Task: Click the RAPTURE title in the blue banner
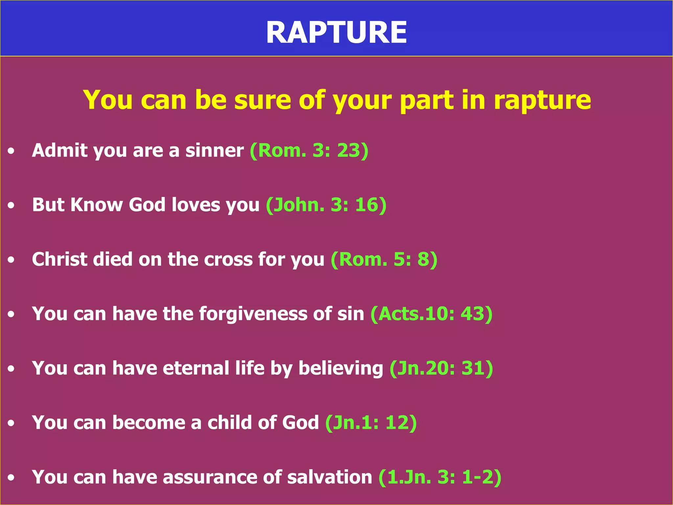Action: [x=336, y=32]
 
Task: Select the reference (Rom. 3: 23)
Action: [x=309, y=151]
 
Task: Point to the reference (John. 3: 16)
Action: [x=326, y=205]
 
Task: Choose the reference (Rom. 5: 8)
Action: [x=384, y=259]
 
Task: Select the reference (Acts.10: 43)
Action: [x=431, y=314]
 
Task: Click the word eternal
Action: [x=196, y=368]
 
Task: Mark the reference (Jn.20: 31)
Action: [x=441, y=368]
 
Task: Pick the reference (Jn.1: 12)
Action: [x=371, y=422]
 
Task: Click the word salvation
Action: [x=329, y=477]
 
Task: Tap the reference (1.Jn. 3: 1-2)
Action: [x=440, y=477]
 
